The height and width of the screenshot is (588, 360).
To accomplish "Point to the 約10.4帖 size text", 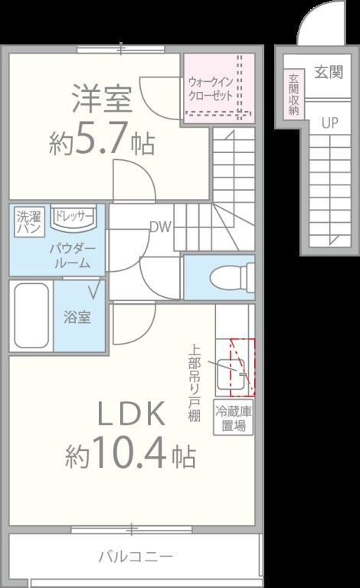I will pos(130,457).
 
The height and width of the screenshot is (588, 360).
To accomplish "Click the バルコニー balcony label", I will pos(135,556).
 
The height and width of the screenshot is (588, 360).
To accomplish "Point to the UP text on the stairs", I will pos(329,122).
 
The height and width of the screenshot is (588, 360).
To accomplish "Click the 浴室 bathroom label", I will pos(77,317).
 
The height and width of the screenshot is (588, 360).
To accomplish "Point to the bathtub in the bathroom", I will pos(31,316).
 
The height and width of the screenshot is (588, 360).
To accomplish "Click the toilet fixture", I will pos(239,276).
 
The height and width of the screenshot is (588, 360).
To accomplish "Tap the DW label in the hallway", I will pos(159,227).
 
